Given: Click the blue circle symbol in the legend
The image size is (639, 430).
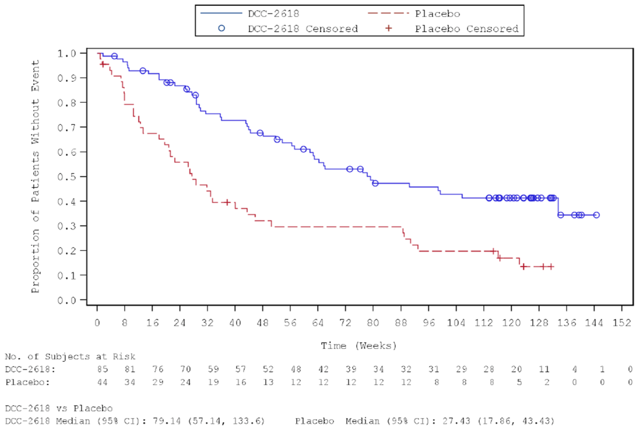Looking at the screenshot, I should [x=221, y=28].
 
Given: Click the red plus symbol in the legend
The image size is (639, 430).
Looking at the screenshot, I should [x=388, y=28].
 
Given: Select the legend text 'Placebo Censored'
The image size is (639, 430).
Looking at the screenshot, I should [x=466, y=29].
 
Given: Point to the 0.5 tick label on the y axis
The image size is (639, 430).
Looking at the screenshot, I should [x=66, y=177].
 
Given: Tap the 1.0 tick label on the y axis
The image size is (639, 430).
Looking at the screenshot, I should [x=66, y=53].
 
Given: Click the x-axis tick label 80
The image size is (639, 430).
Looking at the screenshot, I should [x=373, y=323].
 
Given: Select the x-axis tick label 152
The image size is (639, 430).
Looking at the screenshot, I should [x=621, y=323].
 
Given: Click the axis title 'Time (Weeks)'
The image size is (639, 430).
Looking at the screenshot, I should [x=358, y=346].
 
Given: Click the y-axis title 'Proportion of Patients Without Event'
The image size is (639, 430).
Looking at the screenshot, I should [x=35, y=176].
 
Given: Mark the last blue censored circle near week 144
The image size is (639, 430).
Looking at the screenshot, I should [x=596, y=215].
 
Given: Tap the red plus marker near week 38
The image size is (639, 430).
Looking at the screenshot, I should [x=227, y=202].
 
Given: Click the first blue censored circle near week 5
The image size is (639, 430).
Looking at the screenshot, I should [x=114, y=56].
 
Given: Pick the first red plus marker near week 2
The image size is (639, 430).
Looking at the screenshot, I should [x=103, y=64].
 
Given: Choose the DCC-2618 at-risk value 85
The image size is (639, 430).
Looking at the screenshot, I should [x=102, y=369].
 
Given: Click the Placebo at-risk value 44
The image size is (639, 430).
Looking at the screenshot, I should [x=102, y=382].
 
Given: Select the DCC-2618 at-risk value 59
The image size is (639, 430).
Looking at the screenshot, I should [x=213, y=369].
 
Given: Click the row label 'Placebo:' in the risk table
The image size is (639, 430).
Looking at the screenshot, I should [x=28, y=382].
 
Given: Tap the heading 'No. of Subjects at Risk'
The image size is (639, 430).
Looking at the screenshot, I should [x=70, y=356].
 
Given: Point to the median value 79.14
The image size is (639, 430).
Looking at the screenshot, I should [x=166, y=421].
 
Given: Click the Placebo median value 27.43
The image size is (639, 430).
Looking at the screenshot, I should [x=456, y=421].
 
